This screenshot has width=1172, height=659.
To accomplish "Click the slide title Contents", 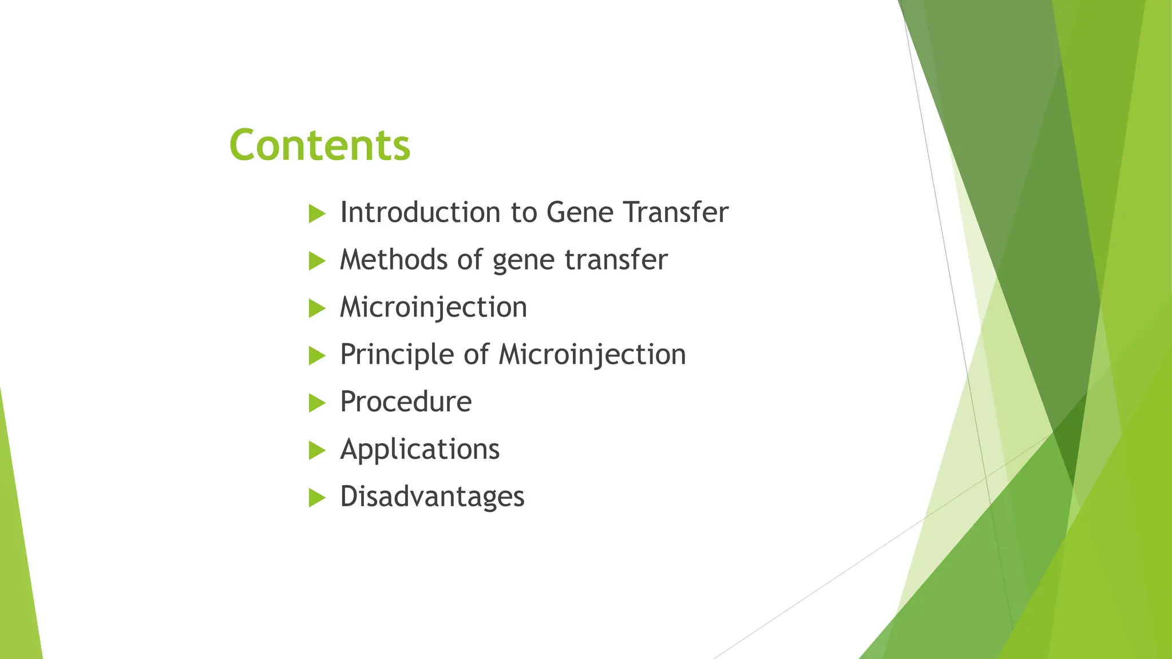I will click(x=319, y=145).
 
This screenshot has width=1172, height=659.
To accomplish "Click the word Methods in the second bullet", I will click(x=394, y=260).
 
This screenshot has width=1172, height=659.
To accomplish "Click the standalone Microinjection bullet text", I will click(x=433, y=307).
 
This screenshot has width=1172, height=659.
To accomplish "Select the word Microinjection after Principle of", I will click(x=592, y=354).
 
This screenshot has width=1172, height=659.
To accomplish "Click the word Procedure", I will click(x=406, y=402).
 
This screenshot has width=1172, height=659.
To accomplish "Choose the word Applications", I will click(x=419, y=449).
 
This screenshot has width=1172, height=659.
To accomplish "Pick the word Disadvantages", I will click(x=432, y=496).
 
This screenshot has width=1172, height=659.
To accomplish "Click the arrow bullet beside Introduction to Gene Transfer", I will click(x=316, y=214).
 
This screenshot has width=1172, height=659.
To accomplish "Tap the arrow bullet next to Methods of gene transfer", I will click(x=316, y=261).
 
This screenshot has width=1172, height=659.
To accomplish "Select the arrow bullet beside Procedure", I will click(x=316, y=403).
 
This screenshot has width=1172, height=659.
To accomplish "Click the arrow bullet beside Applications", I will click(x=316, y=451).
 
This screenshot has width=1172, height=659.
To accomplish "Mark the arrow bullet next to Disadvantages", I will click(x=316, y=498).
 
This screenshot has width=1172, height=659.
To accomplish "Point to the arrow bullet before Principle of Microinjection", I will click(x=316, y=356).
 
